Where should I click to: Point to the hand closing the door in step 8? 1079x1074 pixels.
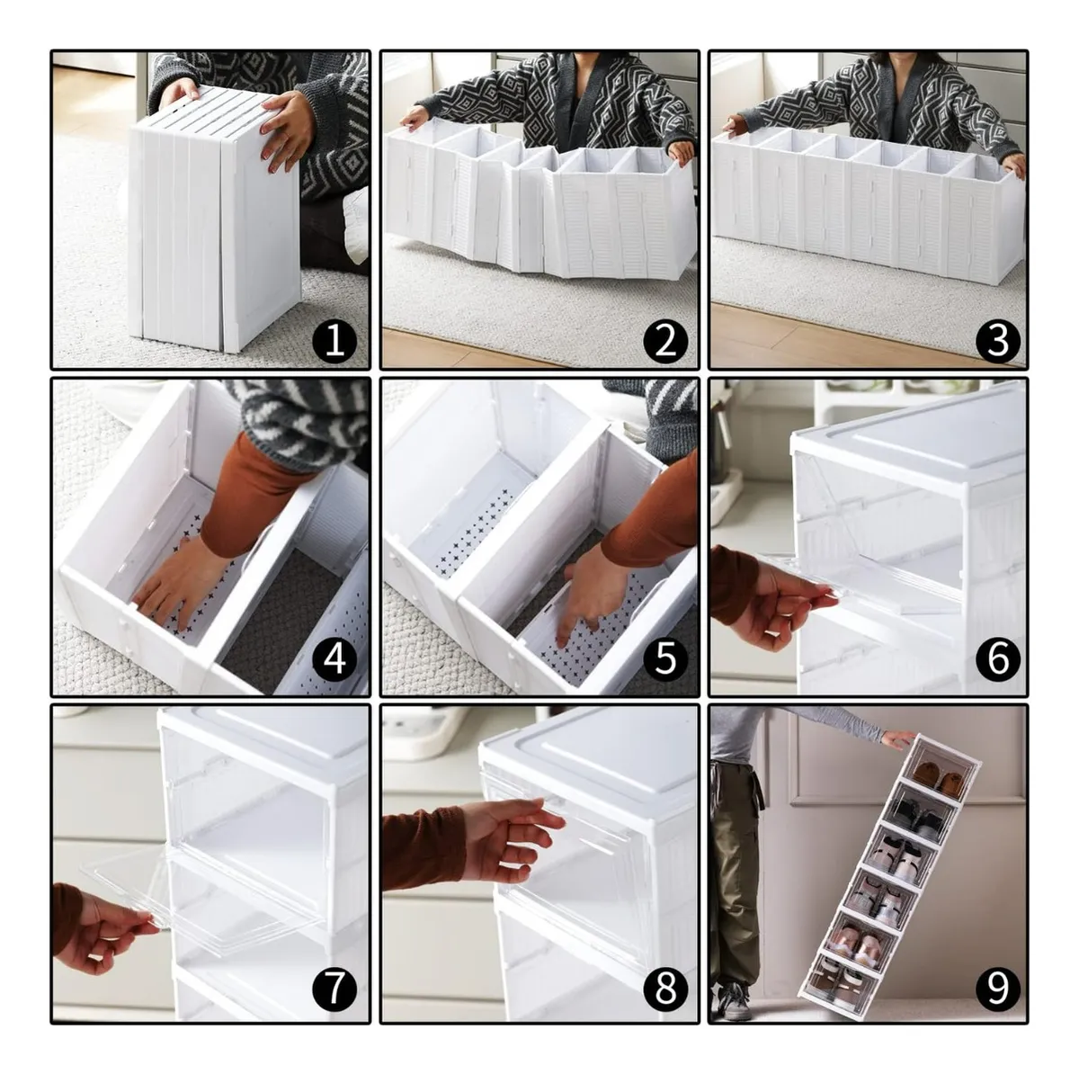[510, 840]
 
